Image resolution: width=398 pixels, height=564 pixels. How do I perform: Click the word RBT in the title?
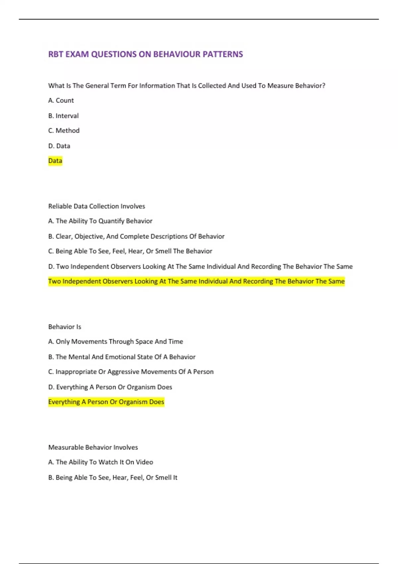(x=55, y=54)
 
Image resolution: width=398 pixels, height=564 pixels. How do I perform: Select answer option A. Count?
(x=61, y=101)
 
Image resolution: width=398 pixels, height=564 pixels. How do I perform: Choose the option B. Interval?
(x=63, y=116)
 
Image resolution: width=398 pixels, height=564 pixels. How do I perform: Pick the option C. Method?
(x=64, y=131)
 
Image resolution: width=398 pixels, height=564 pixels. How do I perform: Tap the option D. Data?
(x=59, y=146)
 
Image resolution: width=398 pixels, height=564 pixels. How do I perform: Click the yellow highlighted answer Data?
(x=55, y=161)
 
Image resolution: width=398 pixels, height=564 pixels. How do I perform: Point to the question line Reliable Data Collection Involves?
(x=97, y=206)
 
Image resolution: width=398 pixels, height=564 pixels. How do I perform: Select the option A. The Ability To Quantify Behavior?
(x=100, y=221)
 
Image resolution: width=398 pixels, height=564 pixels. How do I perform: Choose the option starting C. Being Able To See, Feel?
(x=130, y=251)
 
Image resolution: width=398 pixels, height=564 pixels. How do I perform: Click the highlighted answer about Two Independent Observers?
(x=196, y=281)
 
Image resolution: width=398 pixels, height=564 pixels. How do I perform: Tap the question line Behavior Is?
(x=65, y=327)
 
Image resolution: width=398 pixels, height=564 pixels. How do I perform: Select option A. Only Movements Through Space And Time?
(x=115, y=342)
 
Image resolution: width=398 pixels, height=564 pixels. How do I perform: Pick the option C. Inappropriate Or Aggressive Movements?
(x=131, y=372)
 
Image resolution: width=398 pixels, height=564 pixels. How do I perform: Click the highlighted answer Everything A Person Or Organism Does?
(x=106, y=402)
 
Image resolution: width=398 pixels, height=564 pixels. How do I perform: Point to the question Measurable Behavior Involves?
(x=93, y=448)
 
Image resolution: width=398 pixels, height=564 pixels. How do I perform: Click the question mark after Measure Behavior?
(x=324, y=86)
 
